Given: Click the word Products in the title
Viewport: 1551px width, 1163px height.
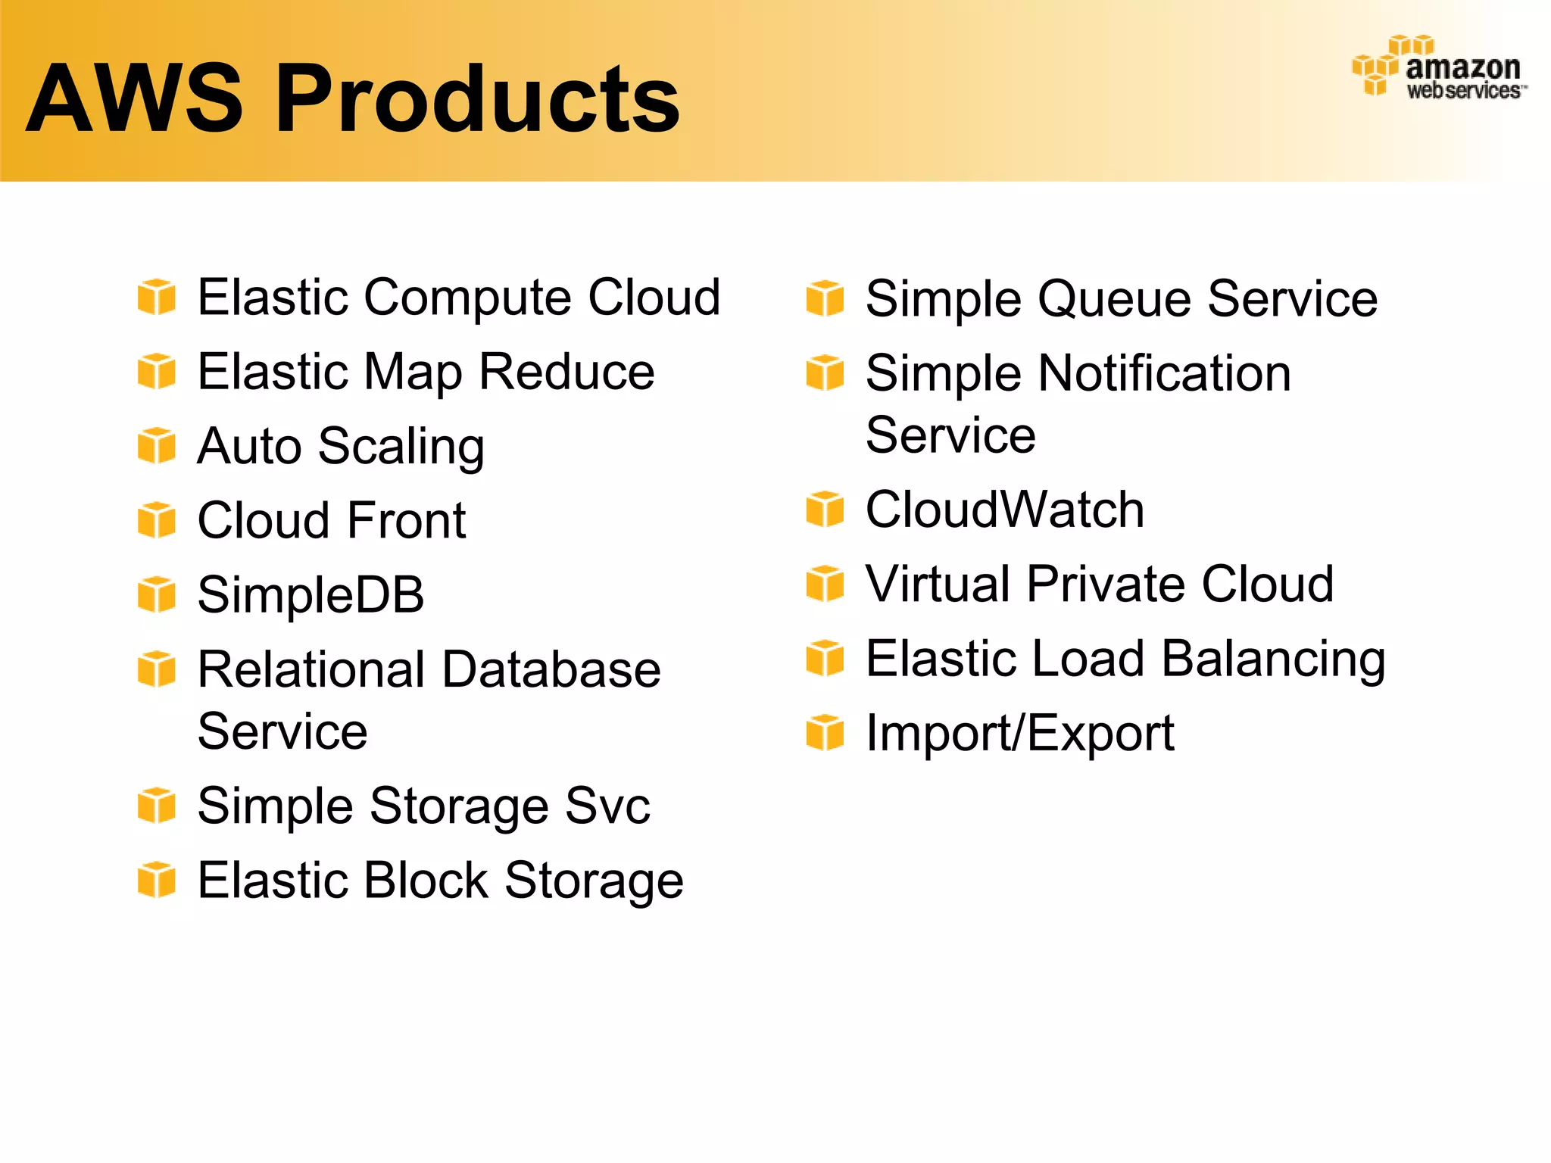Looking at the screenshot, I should click(x=477, y=98).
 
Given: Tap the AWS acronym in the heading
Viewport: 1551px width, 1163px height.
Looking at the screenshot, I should click(x=135, y=98).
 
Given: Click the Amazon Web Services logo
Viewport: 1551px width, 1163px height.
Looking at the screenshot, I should click(x=1440, y=68).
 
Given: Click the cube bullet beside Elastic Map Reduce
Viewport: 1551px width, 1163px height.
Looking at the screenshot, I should click(x=157, y=372).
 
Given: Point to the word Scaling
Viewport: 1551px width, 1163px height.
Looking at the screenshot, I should click(x=401, y=447).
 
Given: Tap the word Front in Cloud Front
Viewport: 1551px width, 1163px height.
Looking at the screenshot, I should click(x=407, y=521).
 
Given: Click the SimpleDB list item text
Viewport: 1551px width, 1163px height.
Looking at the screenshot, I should click(x=311, y=595).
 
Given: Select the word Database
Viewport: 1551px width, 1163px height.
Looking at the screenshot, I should click(x=551, y=669).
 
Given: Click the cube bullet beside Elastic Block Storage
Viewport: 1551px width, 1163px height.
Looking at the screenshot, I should click(x=157, y=880).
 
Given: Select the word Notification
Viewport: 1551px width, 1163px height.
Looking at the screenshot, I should click(x=1164, y=373).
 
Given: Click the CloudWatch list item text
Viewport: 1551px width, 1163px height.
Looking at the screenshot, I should click(x=1005, y=510).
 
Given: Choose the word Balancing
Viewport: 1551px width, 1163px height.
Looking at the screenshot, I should click(x=1273, y=659).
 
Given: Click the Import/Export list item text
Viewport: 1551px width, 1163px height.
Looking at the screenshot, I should click(x=1020, y=734).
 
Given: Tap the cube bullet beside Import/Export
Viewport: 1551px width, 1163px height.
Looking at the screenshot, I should click(x=825, y=733).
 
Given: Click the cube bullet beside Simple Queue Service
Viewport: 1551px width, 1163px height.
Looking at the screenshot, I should click(x=825, y=298).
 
